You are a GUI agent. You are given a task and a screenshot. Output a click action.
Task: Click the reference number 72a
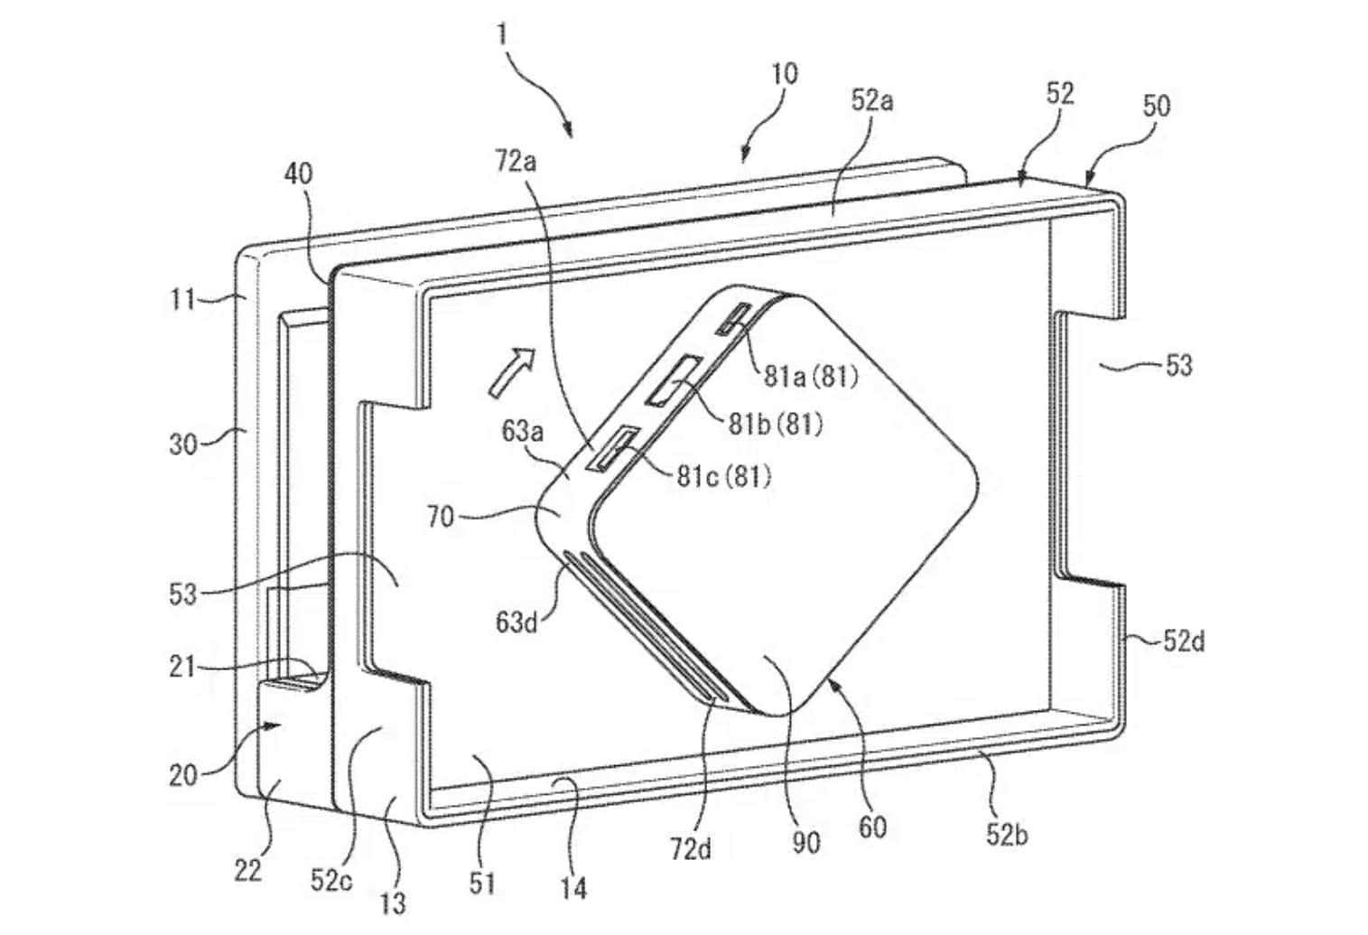[516, 163]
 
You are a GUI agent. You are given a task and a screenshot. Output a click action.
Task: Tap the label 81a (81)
[811, 377]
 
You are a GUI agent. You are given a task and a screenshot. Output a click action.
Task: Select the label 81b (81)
[775, 424]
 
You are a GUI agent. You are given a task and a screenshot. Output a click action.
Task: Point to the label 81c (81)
[723, 475]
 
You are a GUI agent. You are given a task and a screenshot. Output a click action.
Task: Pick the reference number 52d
[1184, 641]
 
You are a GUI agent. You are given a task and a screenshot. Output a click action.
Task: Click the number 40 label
[299, 174]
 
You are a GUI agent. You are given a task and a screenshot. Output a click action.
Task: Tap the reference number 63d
[516, 622]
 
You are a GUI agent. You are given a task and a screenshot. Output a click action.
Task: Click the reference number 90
[806, 844]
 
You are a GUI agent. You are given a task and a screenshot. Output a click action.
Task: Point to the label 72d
[692, 849]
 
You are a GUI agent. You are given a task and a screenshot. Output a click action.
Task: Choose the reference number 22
[248, 871]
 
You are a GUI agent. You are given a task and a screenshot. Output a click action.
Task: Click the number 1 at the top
[503, 34]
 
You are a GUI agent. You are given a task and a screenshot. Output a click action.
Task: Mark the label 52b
[1007, 834]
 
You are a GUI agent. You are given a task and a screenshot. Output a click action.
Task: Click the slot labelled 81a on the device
[733, 319]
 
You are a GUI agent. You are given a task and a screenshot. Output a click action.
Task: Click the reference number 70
[441, 517]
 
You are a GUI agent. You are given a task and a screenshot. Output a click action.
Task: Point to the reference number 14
[573, 888]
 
